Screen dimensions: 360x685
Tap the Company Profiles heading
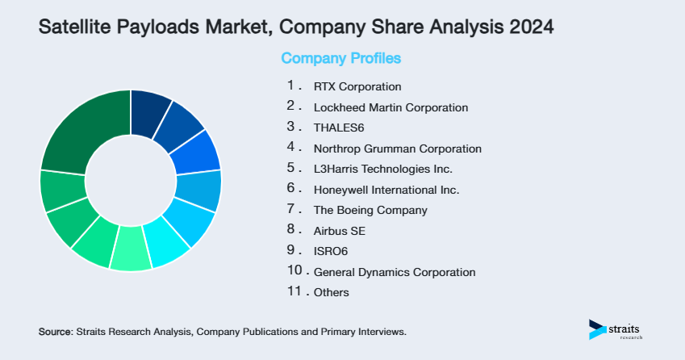tap(340, 59)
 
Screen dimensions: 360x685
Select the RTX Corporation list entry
tap(357, 86)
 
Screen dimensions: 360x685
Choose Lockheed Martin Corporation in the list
tap(391, 107)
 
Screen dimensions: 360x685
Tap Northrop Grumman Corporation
tap(397, 149)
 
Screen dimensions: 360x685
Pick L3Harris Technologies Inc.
tap(382, 169)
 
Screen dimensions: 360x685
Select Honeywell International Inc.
tap(386, 190)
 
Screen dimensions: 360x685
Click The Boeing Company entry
tap(370, 210)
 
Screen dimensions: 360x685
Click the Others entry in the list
tap(331, 292)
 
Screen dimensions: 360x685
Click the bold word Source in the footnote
tap(55, 332)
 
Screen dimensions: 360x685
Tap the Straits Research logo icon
tap(596, 329)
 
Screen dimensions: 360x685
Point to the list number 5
tap(292, 168)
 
